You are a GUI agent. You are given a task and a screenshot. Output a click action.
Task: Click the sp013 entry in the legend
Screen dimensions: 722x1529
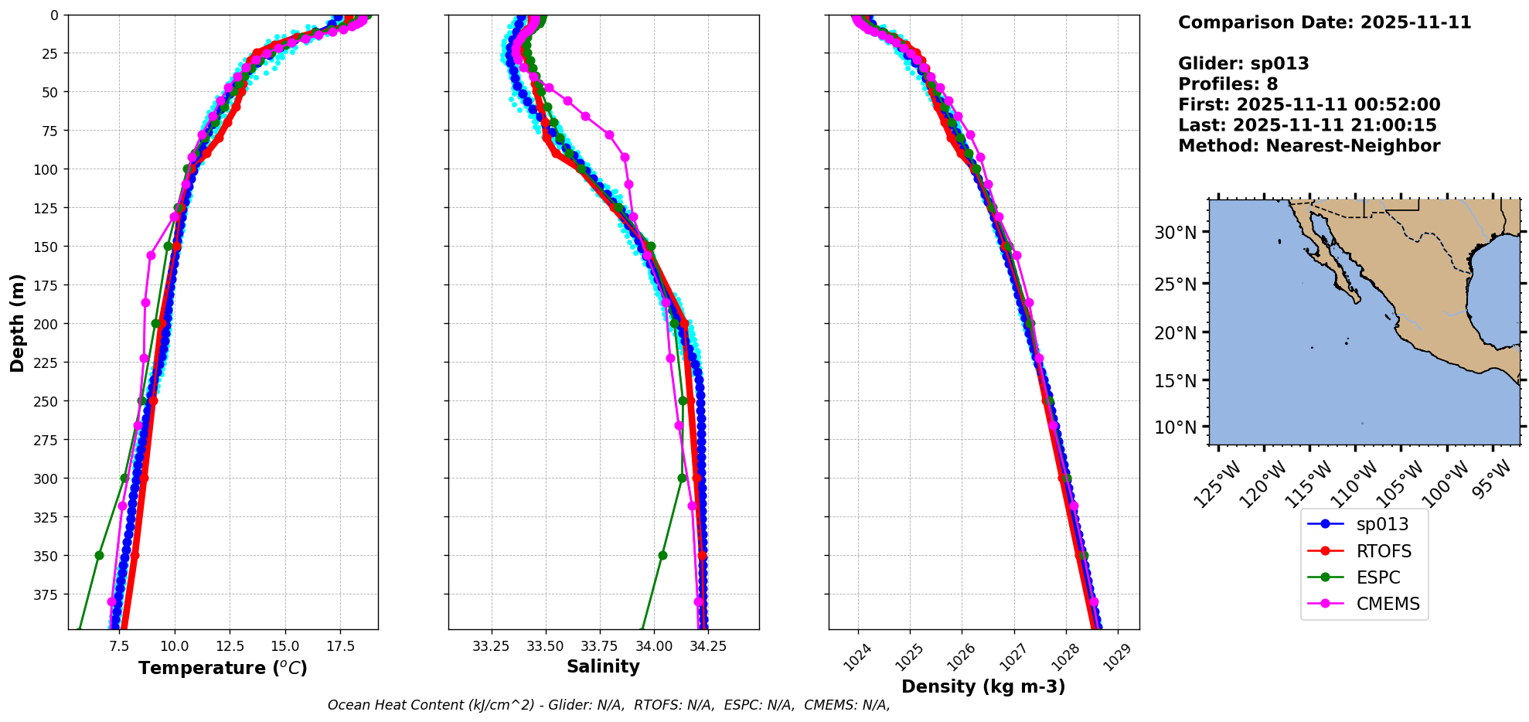pyautogui.click(x=1381, y=524)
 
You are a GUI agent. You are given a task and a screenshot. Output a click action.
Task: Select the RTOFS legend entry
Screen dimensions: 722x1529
pyautogui.click(x=1383, y=551)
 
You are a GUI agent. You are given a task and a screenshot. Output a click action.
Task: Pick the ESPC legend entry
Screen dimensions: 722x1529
pyautogui.click(x=1377, y=577)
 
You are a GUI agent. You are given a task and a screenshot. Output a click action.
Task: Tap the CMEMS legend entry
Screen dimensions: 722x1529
pyautogui.click(x=1388, y=604)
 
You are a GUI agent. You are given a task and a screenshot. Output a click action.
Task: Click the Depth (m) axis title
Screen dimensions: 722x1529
pyautogui.click(x=17, y=322)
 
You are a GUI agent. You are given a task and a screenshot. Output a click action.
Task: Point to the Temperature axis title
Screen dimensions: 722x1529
pyautogui.click(x=223, y=668)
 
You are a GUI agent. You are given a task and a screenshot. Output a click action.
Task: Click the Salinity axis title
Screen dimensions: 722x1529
pyautogui.click(x=603, y=666)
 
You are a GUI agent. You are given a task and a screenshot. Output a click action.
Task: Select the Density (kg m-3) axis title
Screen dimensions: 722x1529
pyautogui.click(x=983, y=686)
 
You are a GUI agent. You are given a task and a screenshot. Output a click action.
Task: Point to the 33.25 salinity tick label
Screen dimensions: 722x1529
pyautogui.click(x=491, y=646)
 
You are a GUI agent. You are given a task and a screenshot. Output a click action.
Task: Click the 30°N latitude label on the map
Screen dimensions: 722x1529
pyautogui.click(x=1175, y=233)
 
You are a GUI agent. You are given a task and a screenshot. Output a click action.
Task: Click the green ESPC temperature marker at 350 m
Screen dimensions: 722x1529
pyautogui.click(x=99, y=555)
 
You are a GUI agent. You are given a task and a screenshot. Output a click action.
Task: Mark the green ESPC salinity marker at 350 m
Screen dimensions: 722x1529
pyautogui.click(x=662, y=555)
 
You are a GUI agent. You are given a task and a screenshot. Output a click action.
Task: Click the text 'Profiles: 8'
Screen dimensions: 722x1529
pyautogui.click(x=1228, y=84)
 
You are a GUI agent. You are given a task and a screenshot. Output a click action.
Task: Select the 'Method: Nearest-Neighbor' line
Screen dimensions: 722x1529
pyautogui.click(x=1309, y=146)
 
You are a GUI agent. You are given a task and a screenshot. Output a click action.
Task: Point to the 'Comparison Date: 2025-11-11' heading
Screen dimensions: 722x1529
pyautogui.click(x=1324, y=22)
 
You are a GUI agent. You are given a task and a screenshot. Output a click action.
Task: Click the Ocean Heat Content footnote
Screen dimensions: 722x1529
pyautogui.click(x=608, y=705)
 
